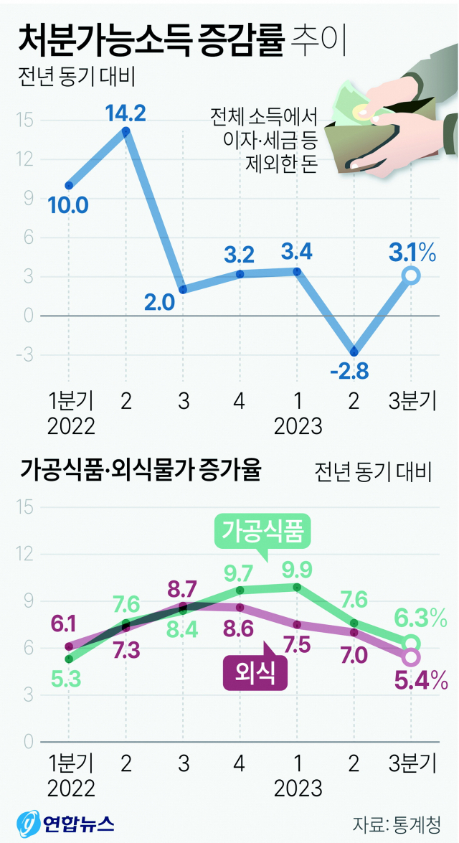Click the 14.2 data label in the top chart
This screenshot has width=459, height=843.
coord(126,113)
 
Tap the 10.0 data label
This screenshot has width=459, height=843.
coord(69,207)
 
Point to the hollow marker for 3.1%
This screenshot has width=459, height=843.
coord(410,275)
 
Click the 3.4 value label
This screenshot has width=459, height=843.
coord(296,252)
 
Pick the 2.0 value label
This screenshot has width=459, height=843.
coord(159,303)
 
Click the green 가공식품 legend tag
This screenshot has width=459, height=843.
coord(263,532)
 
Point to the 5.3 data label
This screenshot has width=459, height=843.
coord(69,679)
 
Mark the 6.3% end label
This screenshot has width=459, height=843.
coord(421,616)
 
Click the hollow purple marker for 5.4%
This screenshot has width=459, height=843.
coord(411,656)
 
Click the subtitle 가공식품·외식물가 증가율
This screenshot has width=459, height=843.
coord(141,471)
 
